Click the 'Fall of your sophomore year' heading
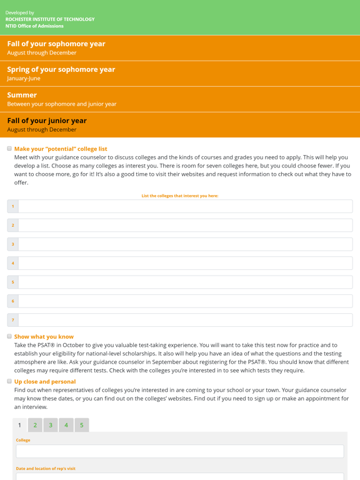coord(56,44)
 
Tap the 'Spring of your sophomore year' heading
coord(61,70)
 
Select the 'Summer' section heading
coord(22,96)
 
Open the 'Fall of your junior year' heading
coord(47,121)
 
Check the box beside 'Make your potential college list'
coord(9,149)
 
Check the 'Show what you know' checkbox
coord(9,336)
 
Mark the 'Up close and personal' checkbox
coord(9,381)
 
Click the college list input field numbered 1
coord(185,206)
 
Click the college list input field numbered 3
coord(185,244)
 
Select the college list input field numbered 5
coord(185,282)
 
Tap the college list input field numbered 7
coord(185,320)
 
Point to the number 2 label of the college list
coord(13,226)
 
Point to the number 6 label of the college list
coord(13,301)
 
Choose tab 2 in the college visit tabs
coord(35,426)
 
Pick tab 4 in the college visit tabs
coord(66,426)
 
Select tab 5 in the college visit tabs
coord(82,426)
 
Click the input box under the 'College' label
coord(180,451)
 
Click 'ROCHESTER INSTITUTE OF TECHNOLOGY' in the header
coord(50,19)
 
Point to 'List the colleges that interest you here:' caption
coord(180,196)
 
